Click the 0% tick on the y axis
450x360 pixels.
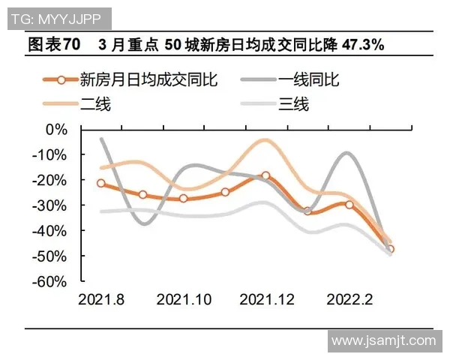[56, 129]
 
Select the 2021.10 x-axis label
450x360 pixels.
[184, 300]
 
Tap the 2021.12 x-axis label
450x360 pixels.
[266, 300]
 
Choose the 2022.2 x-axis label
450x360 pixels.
[349, 300]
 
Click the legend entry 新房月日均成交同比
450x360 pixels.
[142, 80]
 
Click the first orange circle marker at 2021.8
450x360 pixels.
[101, 183]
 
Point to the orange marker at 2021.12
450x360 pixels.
[265, 176]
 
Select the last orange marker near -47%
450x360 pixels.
[390, 250]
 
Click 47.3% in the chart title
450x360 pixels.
[363, 45]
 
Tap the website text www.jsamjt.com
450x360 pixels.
[383, 340]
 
